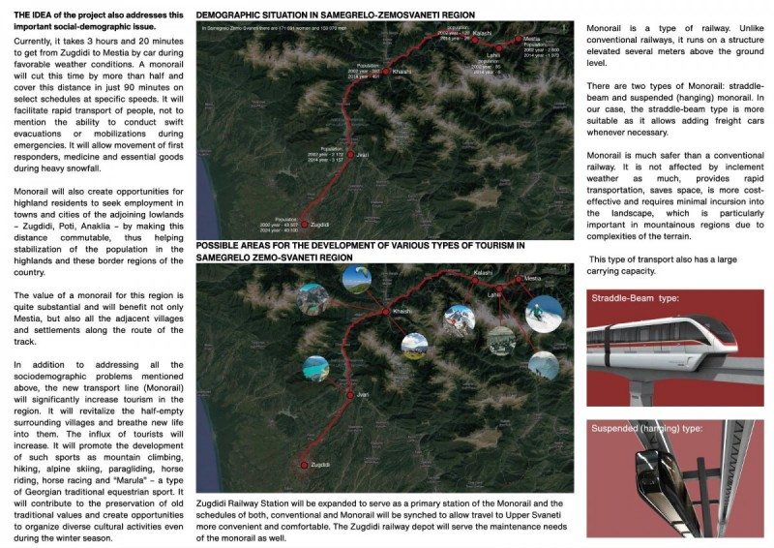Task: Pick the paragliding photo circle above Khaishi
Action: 356,281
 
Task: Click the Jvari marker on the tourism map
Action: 350,396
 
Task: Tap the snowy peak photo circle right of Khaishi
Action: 459,319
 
